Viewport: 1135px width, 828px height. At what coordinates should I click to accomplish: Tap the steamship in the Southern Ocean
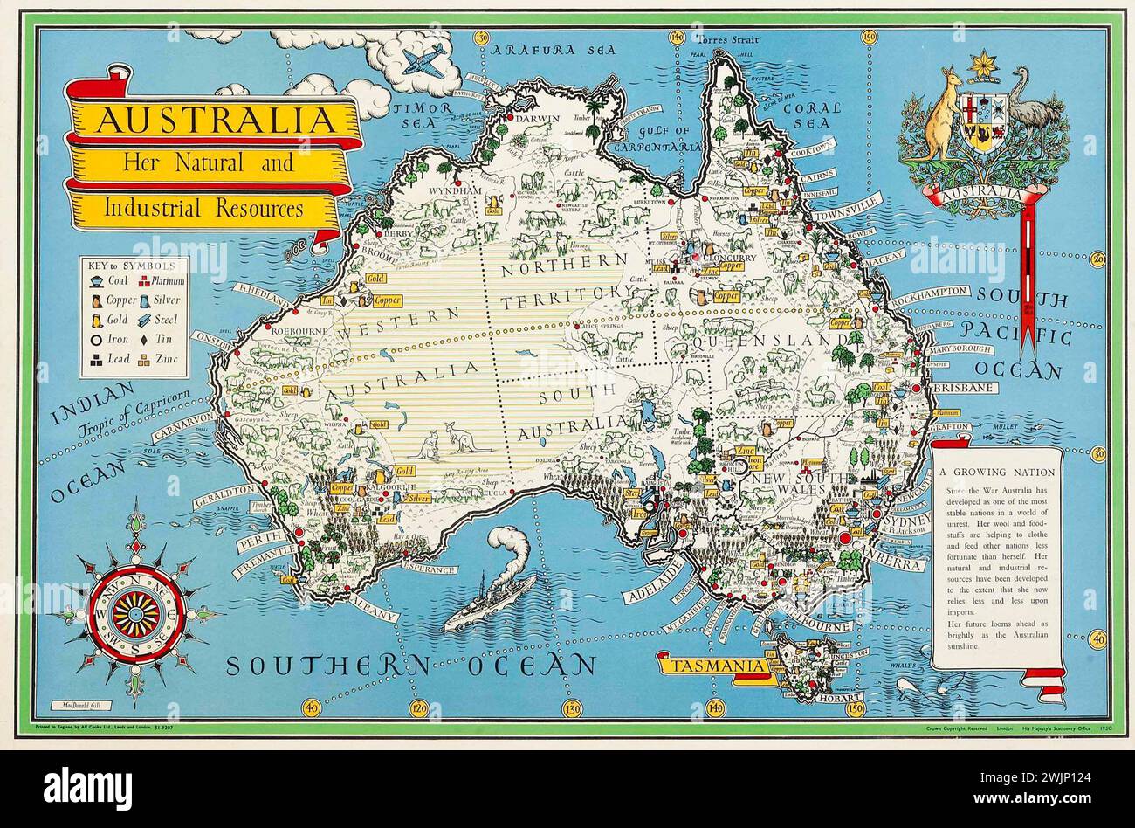(x=491, y=600)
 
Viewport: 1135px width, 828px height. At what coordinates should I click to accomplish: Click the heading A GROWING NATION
(x=996, y=472)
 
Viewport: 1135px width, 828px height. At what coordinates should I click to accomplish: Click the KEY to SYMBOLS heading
(x=132, y=264)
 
